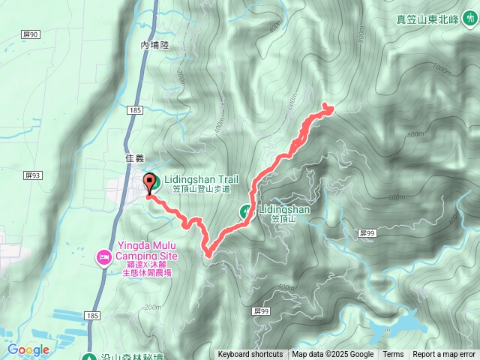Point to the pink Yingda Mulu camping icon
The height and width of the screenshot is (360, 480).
pyautogui.click(x=103, y=258)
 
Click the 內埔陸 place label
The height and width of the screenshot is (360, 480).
pyautogui.click(x=155, y=46)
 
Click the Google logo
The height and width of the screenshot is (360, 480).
pyautogui.click(x=28, y=349)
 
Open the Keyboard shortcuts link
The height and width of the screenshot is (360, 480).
pyautogui.click(x=250, y=355)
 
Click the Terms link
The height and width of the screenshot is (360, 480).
pyautogui.click(x=393, y=355)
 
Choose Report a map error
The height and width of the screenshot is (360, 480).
pyautogui.click(x=444, y=355)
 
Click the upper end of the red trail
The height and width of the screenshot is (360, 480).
pyautogui.click(x=328, y=109)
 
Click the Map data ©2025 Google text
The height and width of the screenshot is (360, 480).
pyautogui.click(x=333, y=355)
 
